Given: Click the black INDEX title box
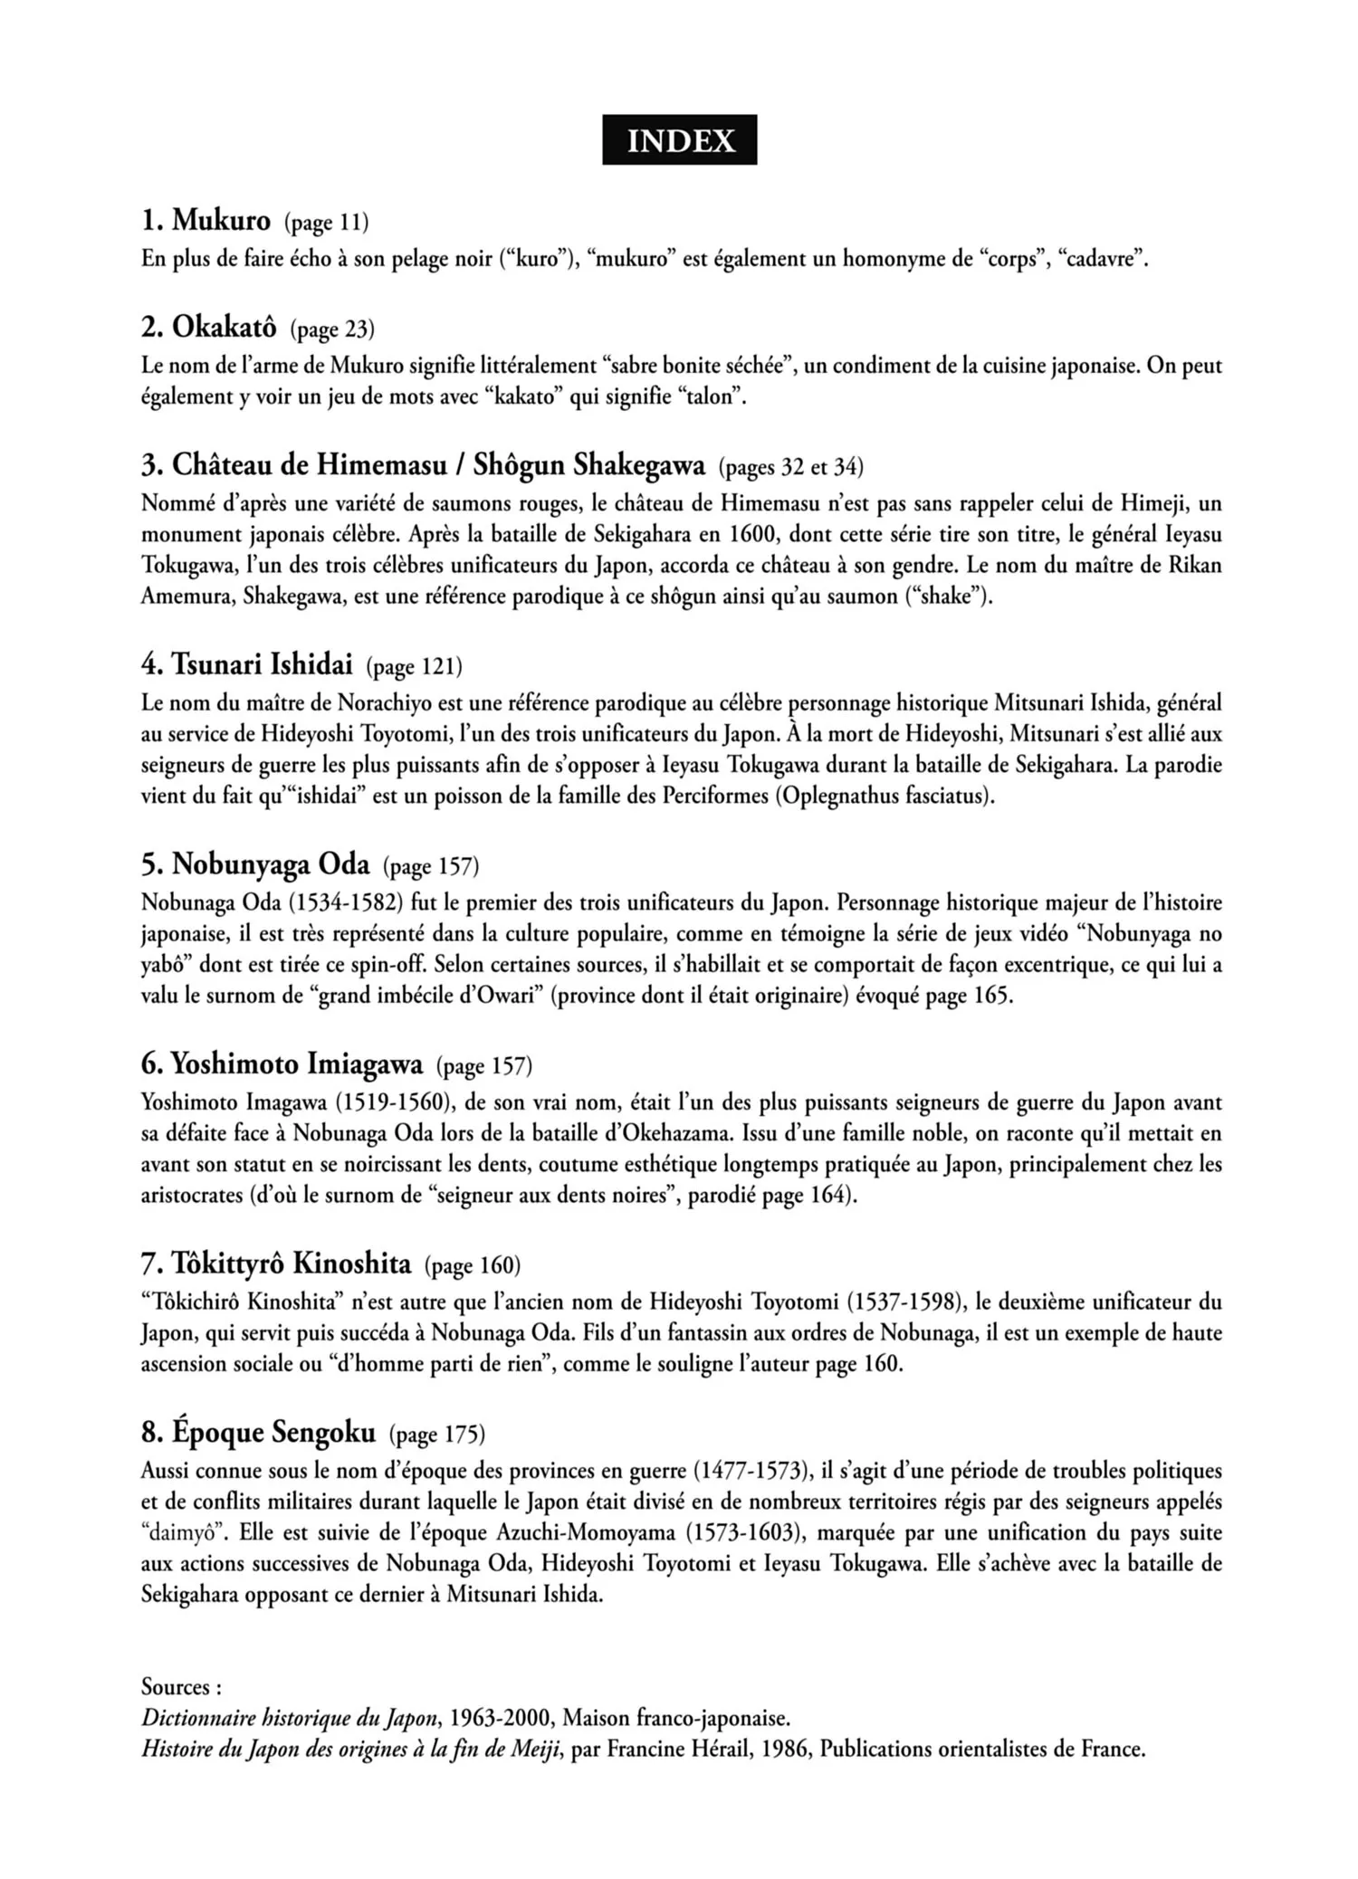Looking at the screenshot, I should pos(679,140).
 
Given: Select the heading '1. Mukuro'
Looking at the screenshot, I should pos(206,220).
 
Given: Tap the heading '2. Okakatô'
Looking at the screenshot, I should pos(209,328).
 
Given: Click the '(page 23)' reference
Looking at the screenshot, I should pos(332,329).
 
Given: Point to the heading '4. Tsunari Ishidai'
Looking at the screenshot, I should pos(247,665).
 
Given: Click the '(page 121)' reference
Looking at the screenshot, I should pos(415,667).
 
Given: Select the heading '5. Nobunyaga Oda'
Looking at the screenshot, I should pos(255,864).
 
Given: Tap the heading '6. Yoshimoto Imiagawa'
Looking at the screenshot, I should pos(282,1063).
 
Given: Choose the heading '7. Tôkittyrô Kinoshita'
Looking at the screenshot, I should pos(276,1263).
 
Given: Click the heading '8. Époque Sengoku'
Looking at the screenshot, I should pos(258,1432).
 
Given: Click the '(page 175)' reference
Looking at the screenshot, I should pos(437,1435).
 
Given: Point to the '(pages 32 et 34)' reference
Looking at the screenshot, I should pos(791,467).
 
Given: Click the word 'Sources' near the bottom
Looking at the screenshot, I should pos(177,1686).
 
